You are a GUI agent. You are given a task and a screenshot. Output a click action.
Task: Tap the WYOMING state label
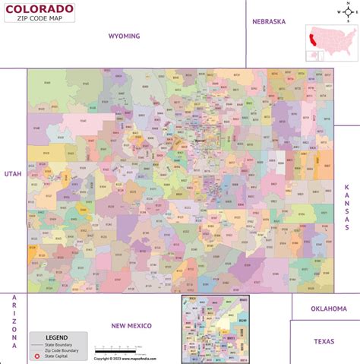point(125,36)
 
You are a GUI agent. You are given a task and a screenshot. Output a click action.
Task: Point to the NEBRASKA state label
point(269,22)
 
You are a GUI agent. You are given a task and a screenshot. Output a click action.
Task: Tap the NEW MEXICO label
point(131,325)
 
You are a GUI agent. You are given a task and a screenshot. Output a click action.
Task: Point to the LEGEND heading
point(57,337)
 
